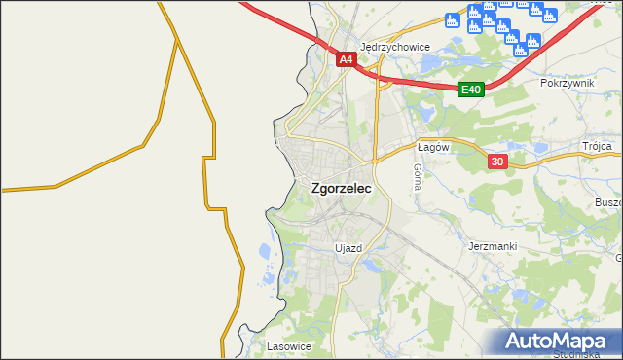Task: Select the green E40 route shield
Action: coord(471,90)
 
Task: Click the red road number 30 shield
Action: coord(498,162)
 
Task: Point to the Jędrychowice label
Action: coord(394,46)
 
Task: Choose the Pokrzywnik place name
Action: coord(567,84)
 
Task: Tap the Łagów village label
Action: coord(431,147)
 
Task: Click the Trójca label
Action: coord(597,146)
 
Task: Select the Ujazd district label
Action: coord(348,248)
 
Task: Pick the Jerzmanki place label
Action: coord(492,246)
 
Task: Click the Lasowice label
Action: coord(287,345)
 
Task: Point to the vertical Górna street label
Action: coord(417,176)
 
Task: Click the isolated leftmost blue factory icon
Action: coord(452,19)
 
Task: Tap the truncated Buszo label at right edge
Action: coord(607,202)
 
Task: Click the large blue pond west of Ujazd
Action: coord(266,255)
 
